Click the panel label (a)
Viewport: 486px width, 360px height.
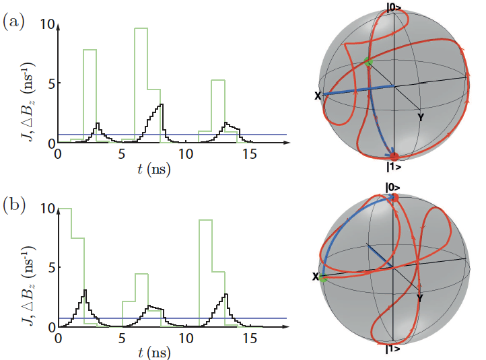(x=14, y=22)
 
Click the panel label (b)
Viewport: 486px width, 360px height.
(x=14, y=203)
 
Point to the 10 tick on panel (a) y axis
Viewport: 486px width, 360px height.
(x=46, y=24)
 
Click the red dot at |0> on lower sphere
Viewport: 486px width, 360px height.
(x=395, y=197)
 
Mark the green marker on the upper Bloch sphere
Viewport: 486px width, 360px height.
(x=368, y=62)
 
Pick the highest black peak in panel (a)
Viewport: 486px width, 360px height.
(x=162, y=105)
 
